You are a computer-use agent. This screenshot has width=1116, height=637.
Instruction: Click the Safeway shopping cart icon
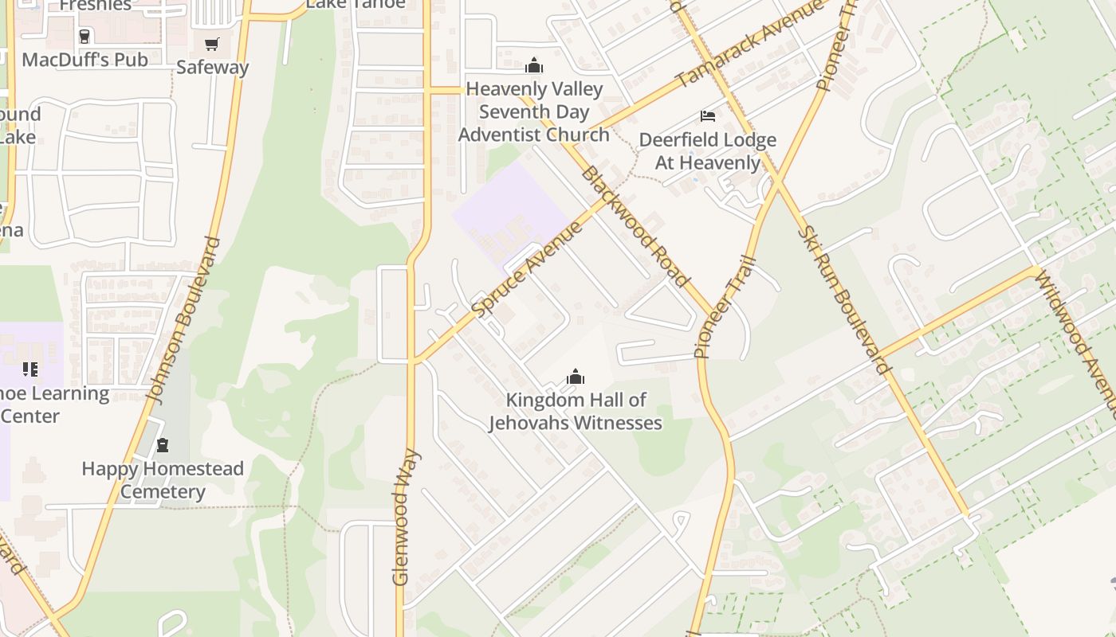point(211,44)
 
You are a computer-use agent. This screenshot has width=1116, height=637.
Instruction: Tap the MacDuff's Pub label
point(84,60)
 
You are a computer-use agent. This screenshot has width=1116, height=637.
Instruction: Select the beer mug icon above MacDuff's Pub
point(84,36)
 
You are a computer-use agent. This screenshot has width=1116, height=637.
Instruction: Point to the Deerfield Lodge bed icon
point(707,116)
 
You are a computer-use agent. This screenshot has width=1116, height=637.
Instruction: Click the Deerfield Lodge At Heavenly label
point(707,151)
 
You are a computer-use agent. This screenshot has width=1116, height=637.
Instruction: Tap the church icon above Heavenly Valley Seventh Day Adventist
point(534,65)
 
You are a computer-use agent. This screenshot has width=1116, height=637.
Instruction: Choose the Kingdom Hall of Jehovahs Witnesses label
point(576,411)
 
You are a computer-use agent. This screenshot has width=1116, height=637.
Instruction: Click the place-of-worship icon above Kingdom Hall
point(575,377)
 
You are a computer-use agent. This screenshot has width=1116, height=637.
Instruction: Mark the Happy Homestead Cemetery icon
point(163,445)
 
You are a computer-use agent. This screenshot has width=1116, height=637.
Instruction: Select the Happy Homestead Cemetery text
point(163,480)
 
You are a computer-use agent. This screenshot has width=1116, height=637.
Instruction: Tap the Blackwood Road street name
point(635,227)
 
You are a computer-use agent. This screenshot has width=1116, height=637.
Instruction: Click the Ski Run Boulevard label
point(843,301)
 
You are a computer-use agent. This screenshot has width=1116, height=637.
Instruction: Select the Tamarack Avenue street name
point(749,44)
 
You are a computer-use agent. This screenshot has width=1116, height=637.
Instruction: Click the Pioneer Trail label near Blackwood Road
point(725,307)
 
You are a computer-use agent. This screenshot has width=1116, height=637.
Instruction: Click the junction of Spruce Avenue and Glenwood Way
point(412,361)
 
